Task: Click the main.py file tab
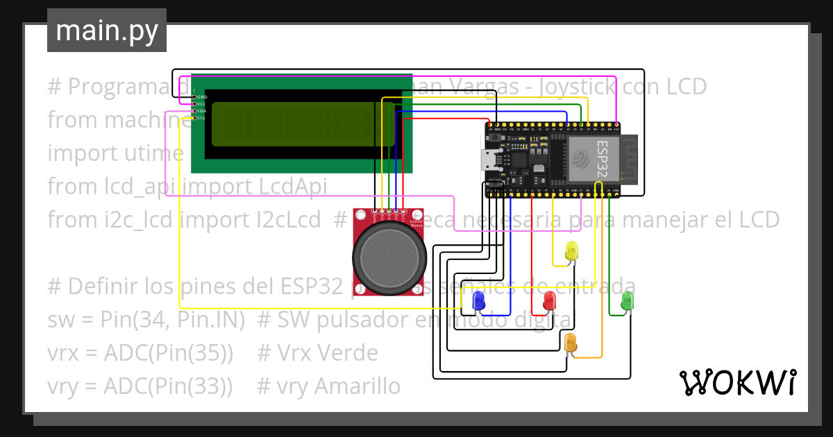click(106, 31)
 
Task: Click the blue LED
click(478, 300)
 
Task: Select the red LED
click(549, 300)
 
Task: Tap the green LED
click(627, 300)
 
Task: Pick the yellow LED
click(571, 251)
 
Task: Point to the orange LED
click(571, 342)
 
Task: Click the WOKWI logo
click(737, 382)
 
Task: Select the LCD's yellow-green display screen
click(303, 124)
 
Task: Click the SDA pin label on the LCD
click(201, 111)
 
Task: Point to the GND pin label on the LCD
click(201, 97)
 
